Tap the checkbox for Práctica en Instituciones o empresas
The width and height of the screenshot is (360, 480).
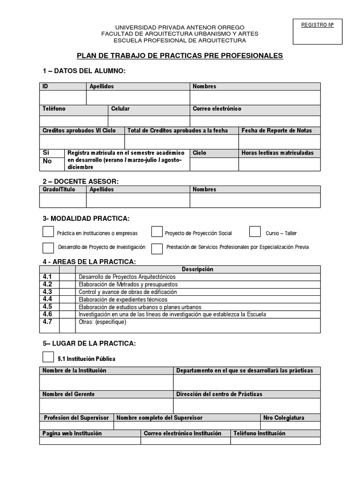click(48, 232)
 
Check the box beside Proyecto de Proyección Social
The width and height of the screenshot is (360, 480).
click(157, 232)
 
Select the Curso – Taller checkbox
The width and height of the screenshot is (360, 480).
click(255, 232)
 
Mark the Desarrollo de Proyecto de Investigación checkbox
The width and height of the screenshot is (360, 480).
click(48, 247)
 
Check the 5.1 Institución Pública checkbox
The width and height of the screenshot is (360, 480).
click(48, 357)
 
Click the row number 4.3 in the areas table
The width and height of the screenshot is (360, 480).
click(47, 292)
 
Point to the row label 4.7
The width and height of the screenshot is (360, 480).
click(47, 322)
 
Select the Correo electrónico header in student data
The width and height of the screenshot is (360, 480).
click(217, 109)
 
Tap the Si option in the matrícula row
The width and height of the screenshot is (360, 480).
click(46, 153)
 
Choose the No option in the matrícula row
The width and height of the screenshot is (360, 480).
click(47, 161)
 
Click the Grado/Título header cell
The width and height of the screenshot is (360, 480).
click(58, 189)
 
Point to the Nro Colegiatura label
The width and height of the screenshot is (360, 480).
click(284, 417)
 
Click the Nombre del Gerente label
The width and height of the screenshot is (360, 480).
click(68, 394)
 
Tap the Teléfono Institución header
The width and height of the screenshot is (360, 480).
click(259, 433)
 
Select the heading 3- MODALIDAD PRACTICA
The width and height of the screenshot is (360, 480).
click(86, 218)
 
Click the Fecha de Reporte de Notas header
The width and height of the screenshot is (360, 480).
click(277, 130)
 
